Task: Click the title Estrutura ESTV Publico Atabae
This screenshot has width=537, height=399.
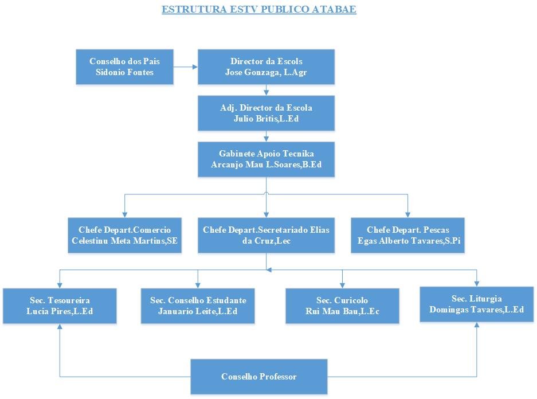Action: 259,10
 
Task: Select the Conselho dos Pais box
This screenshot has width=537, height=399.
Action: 124,67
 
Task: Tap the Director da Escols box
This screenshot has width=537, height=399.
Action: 266,67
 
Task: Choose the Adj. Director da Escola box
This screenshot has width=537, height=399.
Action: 266,114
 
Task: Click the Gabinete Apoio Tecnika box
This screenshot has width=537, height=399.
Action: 266,159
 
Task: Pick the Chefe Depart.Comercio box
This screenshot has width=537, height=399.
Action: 124,235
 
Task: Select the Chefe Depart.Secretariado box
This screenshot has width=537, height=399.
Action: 266,235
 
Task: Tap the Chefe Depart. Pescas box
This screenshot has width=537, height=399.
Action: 407,235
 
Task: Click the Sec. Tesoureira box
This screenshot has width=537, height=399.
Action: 60,306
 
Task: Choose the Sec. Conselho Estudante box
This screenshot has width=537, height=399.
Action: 198,306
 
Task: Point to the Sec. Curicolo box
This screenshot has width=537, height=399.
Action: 342,306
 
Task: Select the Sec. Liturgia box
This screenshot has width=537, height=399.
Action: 477,304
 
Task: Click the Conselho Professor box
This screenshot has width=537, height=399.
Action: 259,377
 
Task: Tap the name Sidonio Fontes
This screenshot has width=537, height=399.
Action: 124,73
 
